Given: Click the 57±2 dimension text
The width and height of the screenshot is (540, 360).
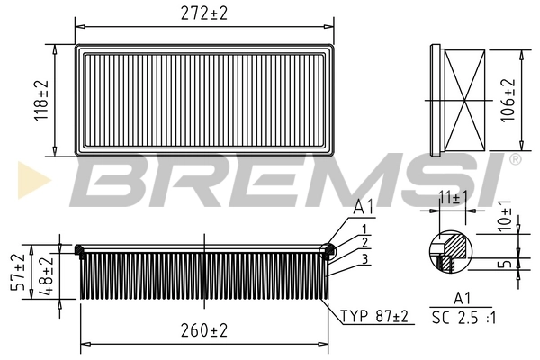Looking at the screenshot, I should pos(17,271).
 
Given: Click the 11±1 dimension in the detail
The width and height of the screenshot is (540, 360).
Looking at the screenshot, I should pos(447,196).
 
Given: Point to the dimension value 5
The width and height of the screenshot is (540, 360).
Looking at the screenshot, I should pos(506,263).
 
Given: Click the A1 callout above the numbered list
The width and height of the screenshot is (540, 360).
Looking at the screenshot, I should pos(364,206).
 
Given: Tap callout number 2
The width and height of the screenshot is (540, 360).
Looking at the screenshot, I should pos(364,242).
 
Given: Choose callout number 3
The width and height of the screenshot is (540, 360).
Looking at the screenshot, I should pos(364,259).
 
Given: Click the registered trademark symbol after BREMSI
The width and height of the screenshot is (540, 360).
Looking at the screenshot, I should pos(515,159).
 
